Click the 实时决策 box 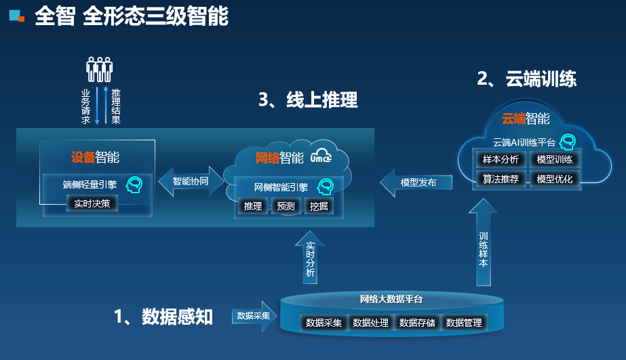92,203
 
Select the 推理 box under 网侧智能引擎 253,206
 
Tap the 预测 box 286,206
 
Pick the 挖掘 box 319,206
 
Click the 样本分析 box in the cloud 501,160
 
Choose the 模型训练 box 554,160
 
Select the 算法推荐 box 501,179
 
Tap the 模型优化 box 554,179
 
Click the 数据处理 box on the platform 371,323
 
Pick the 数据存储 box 417,323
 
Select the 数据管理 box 463,323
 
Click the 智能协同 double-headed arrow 191,182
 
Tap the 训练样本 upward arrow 483,244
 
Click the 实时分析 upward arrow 310,258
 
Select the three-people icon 100,68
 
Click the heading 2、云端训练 526,79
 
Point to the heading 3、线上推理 307,100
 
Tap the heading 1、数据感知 163,316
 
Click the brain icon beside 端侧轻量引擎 135,184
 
